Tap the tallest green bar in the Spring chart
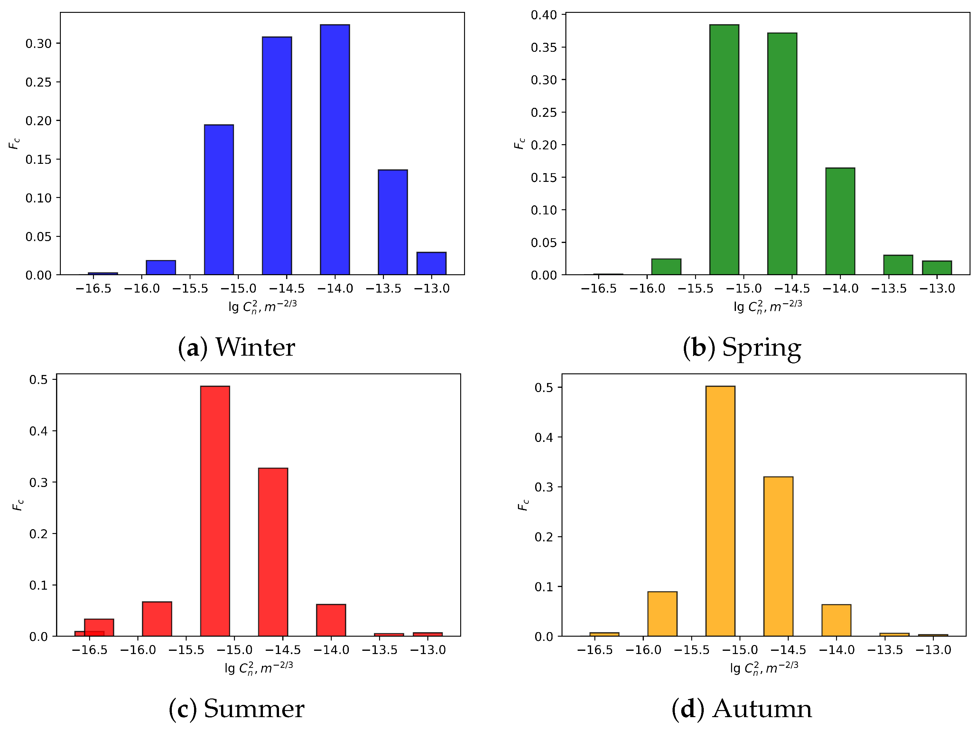724,150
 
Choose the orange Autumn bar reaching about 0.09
662,613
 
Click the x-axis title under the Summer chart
258,668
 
